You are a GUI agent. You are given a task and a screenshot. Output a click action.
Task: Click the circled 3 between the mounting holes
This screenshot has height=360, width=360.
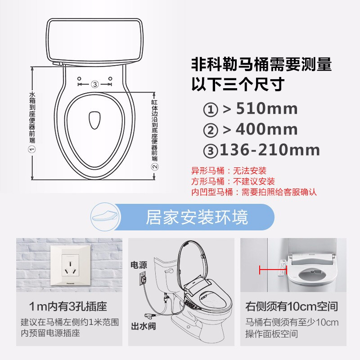pos(94,84)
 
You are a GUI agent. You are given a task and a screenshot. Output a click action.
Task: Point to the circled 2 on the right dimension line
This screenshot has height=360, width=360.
pos(154,166)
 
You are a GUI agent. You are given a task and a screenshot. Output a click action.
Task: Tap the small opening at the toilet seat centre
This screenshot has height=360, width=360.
pos(94,119)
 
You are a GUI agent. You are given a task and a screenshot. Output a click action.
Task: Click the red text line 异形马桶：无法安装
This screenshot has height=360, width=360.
pos(229,171)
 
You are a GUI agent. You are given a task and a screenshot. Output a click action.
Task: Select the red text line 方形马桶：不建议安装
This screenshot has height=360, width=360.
pos(233,181)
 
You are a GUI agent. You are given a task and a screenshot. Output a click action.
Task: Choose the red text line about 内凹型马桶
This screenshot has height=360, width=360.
pos(254,192)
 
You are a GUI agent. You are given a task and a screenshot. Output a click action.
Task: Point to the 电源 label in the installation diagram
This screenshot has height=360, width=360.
pos(139,265)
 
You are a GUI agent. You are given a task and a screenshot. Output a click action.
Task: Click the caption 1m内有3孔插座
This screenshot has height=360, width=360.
pos(68,307)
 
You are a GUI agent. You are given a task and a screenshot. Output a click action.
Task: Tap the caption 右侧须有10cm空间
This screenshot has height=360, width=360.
pos(291,307)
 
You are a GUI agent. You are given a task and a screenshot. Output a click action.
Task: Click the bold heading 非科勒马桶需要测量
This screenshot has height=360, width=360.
pos(261,65)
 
